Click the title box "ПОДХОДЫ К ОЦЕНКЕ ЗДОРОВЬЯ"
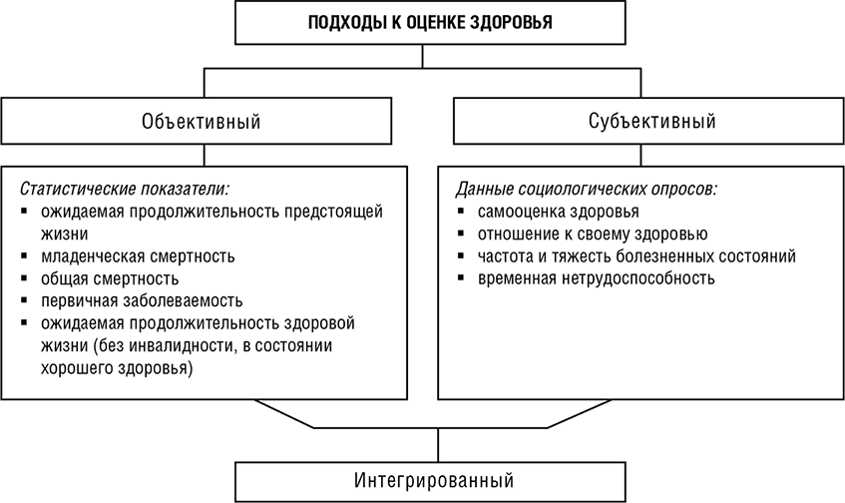point(422,22)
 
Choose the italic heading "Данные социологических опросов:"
point(587,188)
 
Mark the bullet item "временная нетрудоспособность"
point(597,277)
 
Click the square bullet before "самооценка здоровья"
point(462,212)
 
